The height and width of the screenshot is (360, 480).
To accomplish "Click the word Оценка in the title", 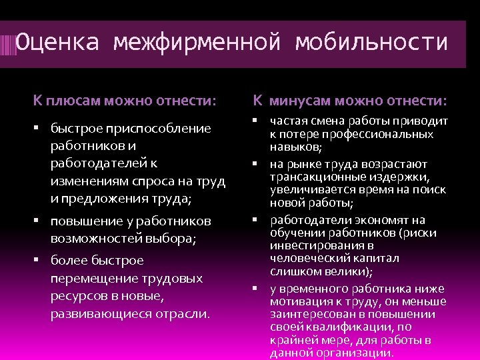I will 57,43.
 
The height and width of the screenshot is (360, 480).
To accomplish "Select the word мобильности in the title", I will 371,43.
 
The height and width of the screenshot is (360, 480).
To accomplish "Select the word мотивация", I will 301,301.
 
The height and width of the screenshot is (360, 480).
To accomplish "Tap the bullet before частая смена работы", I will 255,121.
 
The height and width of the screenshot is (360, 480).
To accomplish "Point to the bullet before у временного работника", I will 255,288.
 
